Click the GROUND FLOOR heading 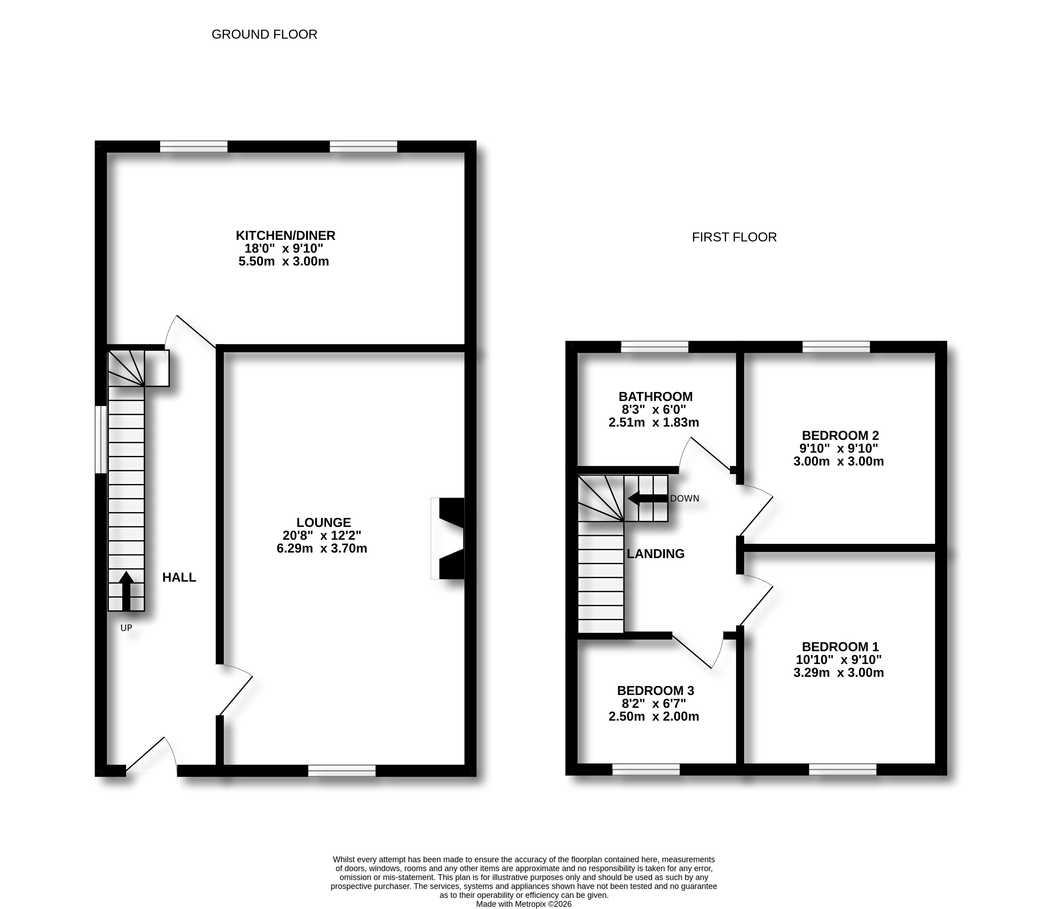tap(264, 34)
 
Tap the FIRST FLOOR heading tap(734, 237)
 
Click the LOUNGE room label tap(324, 522)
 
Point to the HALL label tap(179, 577)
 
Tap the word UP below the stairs tap(126, 628)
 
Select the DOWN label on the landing tap(684, 499)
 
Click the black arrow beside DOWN tap(648, 499)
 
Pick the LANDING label tap(655, 554)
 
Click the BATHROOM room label tap(655, 397)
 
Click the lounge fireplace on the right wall tap(447, 539)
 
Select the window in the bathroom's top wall tap(654, 347)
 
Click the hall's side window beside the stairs tap(101, 439)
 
